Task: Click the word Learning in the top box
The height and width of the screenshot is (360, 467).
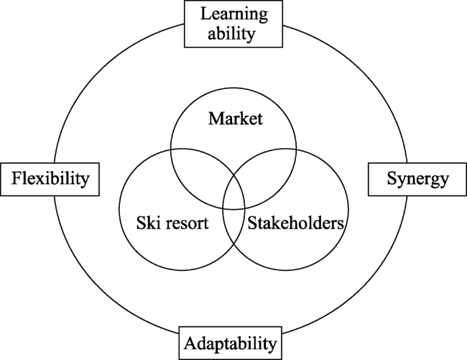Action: [x=234, y=14]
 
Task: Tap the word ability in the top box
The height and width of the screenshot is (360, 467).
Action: [x=231, y=34]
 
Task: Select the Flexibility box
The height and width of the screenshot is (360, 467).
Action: [x=50, y=179]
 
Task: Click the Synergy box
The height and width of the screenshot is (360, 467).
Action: [x=417, y=179]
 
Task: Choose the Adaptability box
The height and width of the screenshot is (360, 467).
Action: [x=230, y=343]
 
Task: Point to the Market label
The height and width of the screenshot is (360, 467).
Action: [x=235, y=119]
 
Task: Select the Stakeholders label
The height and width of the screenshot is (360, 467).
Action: [x=296, y=223]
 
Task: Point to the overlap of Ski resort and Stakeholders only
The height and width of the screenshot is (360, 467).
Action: [x=233, y=226]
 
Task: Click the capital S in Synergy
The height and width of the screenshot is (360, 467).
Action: [x=392, y=178]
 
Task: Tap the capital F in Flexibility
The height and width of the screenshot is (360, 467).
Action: [x=17, y=178]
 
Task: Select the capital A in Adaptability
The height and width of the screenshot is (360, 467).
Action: [x=190, y=343]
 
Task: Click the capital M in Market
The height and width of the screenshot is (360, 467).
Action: [x=216, y=119]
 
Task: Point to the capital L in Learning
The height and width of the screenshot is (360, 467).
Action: [x=206, y=14]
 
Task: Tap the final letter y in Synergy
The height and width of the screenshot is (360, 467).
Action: [x=444, y=181]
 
